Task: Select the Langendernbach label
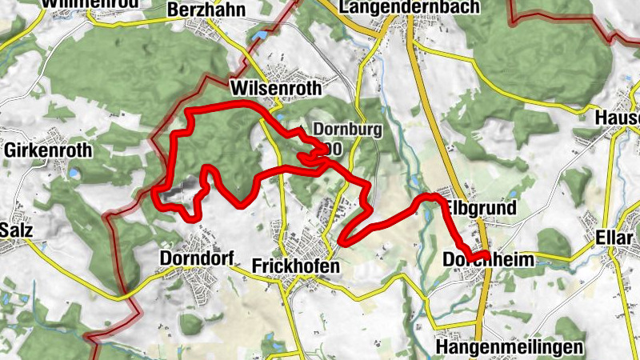(410, 7)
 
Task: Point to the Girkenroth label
(48, 150)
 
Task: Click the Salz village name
(16, 230)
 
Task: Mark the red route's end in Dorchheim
(487, 255)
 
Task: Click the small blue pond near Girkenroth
(74, 171)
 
